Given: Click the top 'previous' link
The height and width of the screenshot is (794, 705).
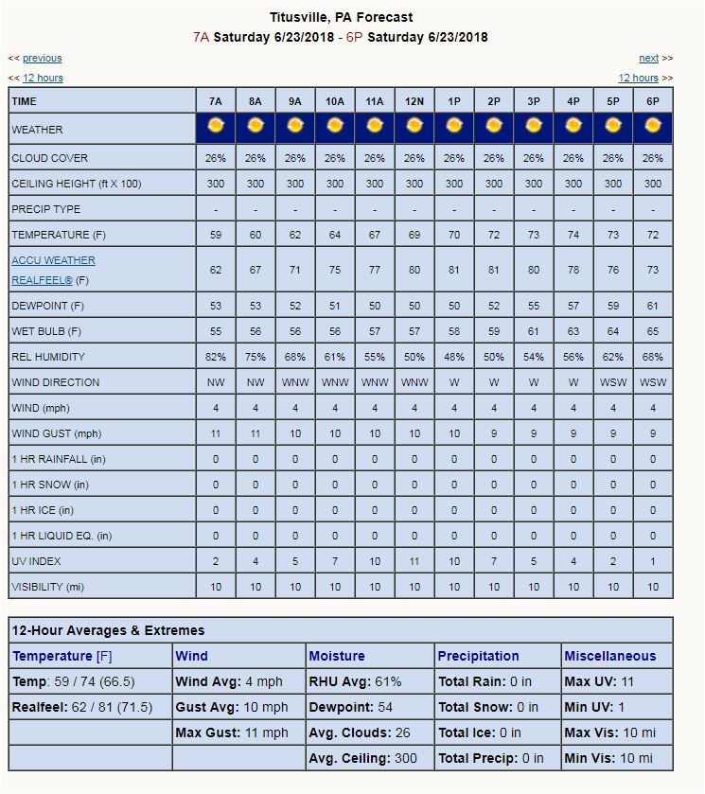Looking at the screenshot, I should (42, 59).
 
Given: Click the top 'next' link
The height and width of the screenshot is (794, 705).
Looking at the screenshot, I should (648, 59).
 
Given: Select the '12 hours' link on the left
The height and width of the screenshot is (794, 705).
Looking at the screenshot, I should (43, 79).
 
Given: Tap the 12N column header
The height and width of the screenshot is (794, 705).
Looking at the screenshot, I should (414, 101).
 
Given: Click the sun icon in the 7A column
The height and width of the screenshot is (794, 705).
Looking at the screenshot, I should (216, 126).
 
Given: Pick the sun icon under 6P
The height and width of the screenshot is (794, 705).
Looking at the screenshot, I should (653, 126).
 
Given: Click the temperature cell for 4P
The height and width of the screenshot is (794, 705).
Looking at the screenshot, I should (573, 235).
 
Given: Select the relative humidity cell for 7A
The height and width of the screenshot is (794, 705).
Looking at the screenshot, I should (216, 357).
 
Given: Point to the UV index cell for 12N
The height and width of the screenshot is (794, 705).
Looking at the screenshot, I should (414, 561).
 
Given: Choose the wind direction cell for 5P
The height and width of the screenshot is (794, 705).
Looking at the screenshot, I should (613, 382).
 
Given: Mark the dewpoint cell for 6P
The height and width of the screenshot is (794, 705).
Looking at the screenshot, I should (653, 306).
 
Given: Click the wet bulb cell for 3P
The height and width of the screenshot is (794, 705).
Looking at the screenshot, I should (534, 331).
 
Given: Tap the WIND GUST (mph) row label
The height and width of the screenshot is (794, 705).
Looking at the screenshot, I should (57, 433).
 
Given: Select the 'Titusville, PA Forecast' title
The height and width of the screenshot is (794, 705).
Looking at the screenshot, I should (341, 17).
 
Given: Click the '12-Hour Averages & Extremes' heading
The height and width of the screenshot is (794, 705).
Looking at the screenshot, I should (108, 630).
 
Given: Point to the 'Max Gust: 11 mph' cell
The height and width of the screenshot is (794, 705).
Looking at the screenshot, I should (232, 732).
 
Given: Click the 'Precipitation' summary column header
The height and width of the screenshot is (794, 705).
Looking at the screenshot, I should (478, 656).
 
